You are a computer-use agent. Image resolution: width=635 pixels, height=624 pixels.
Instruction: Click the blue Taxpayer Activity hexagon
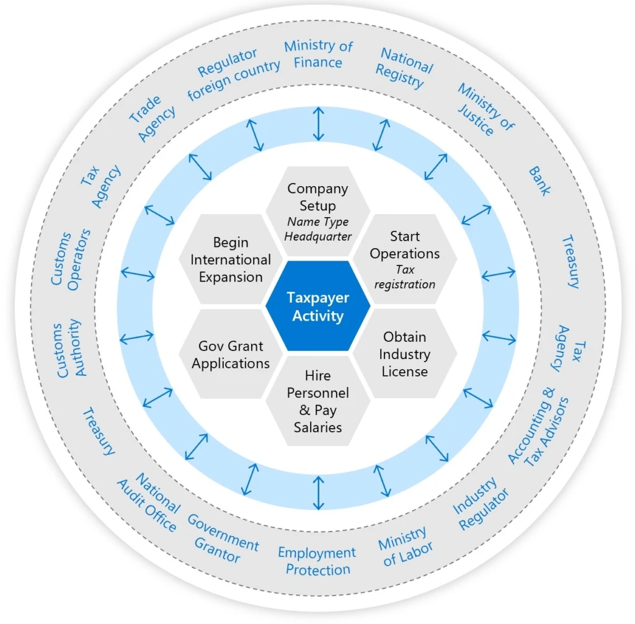[317, 306]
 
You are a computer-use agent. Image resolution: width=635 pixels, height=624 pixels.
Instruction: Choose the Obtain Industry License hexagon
[405, 354]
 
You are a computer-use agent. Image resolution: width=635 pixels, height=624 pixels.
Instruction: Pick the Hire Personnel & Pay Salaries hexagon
[317, 401]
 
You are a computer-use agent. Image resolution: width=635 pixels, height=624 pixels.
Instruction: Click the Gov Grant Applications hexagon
[231, 354]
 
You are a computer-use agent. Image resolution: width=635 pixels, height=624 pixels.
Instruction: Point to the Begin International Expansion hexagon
[231, 259]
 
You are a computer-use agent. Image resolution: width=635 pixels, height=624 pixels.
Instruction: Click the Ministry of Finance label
[318, 54]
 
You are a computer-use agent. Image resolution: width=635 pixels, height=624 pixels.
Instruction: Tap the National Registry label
[405, 68]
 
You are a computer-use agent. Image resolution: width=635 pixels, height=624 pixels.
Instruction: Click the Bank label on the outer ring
[539, 181]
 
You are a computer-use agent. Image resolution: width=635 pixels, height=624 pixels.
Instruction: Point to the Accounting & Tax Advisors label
[538, 428]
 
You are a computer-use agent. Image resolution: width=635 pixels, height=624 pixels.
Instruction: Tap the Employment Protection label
[317, 560]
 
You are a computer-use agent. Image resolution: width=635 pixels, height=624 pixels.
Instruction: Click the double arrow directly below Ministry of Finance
[318, 123]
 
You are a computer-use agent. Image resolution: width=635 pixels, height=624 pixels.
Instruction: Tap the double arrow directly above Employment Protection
[318, 493]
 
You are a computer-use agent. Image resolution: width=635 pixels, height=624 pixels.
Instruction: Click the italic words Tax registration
[408, 277]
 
